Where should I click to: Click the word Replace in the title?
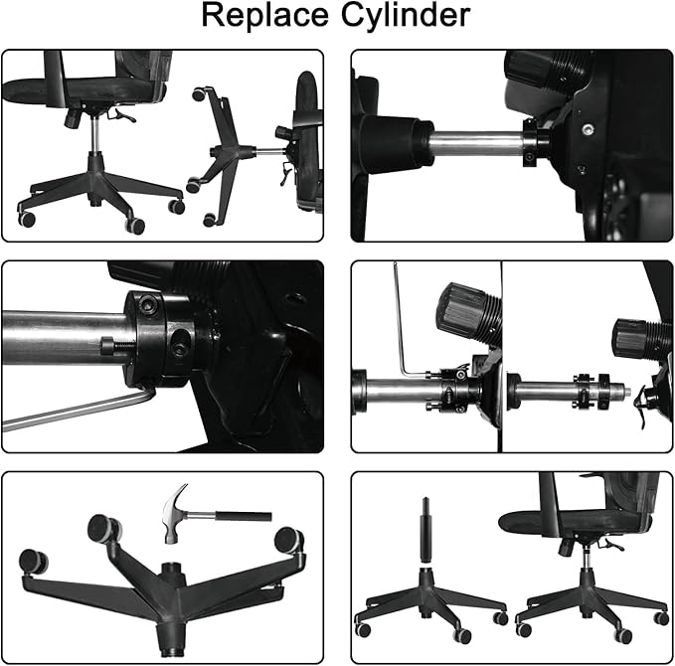pyautogui.click(x=264, y=16)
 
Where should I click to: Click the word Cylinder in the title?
pyautogui.click(x=405, y=16)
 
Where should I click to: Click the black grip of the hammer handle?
pyautogui.click(x=244, y=515)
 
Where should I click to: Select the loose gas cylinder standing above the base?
pyautogui.click(x=425, y=530)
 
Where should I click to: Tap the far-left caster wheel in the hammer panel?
pyautogui.click(x=33, y=562)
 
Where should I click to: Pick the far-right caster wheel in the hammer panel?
pyautogui.click(x=289, y=540)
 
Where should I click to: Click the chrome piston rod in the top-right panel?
pyautogui.click(x=477, y=143)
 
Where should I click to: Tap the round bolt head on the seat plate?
pyautogui.click(x=589, y=128)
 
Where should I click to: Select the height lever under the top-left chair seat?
pyautogui.click(x=122, y=114)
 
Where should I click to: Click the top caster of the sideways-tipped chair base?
pyautogui.click(x=199, y=93)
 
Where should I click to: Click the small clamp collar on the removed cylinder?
pyautogui.click(x=591, y=392)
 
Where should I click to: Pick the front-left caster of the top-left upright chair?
pyautogui.click(x=27, y=219)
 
